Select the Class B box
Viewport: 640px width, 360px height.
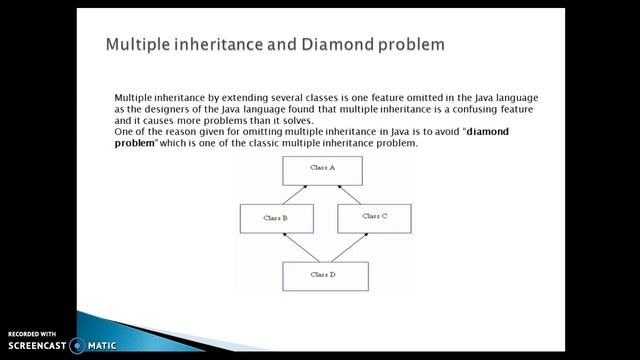point(276,217)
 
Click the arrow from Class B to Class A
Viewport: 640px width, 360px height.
point(297,194)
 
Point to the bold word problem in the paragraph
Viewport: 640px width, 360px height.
point(136,144)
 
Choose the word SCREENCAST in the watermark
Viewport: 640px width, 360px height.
point(37,346)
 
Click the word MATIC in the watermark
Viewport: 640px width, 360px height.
point(101,346)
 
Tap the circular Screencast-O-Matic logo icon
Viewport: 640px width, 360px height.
point(76,346)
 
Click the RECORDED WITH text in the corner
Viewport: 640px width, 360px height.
point(32,333)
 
